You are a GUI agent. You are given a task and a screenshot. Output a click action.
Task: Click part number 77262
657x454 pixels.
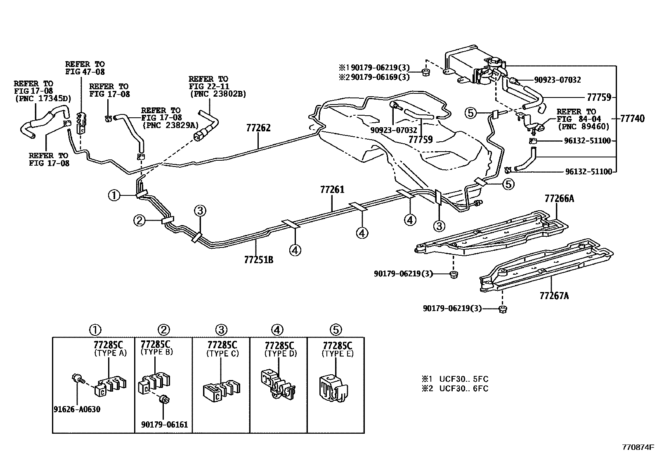coord(258,128)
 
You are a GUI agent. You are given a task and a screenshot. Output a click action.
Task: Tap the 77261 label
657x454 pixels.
coord(332,190)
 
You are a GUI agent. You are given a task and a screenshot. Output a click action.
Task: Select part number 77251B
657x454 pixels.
coord(259,260)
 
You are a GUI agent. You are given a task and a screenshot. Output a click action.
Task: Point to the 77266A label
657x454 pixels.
coord(559,199)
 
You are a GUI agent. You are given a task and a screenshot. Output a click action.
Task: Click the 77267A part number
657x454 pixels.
coord(554,296)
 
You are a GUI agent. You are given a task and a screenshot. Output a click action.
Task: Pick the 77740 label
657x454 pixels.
coord(632,119)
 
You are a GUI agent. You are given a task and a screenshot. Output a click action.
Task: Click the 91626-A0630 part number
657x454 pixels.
coord(77,409)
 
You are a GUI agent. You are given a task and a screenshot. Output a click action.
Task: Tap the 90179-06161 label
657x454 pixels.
coord(164,425)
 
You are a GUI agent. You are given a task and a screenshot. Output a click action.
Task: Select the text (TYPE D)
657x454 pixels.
coord(280,354)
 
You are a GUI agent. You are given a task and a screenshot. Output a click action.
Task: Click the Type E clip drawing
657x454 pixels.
coord(332,388)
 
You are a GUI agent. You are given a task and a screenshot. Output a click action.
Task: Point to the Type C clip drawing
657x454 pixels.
coord(222,392)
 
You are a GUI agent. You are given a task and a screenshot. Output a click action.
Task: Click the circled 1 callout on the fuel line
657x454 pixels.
coord(114,195)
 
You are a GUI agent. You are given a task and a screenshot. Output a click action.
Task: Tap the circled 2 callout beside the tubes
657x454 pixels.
coord(139,220)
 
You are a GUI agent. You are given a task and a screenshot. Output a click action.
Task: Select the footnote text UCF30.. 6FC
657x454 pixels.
coord(464,388)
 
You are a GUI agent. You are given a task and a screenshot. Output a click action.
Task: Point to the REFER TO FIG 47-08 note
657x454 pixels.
coord(85,68)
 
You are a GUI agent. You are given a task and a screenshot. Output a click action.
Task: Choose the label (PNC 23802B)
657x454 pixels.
coord(218,94)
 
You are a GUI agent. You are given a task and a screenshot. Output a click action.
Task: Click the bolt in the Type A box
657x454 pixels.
coord(78,378)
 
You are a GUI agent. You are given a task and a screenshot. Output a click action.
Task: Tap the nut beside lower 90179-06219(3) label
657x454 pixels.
coord(502,309)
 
